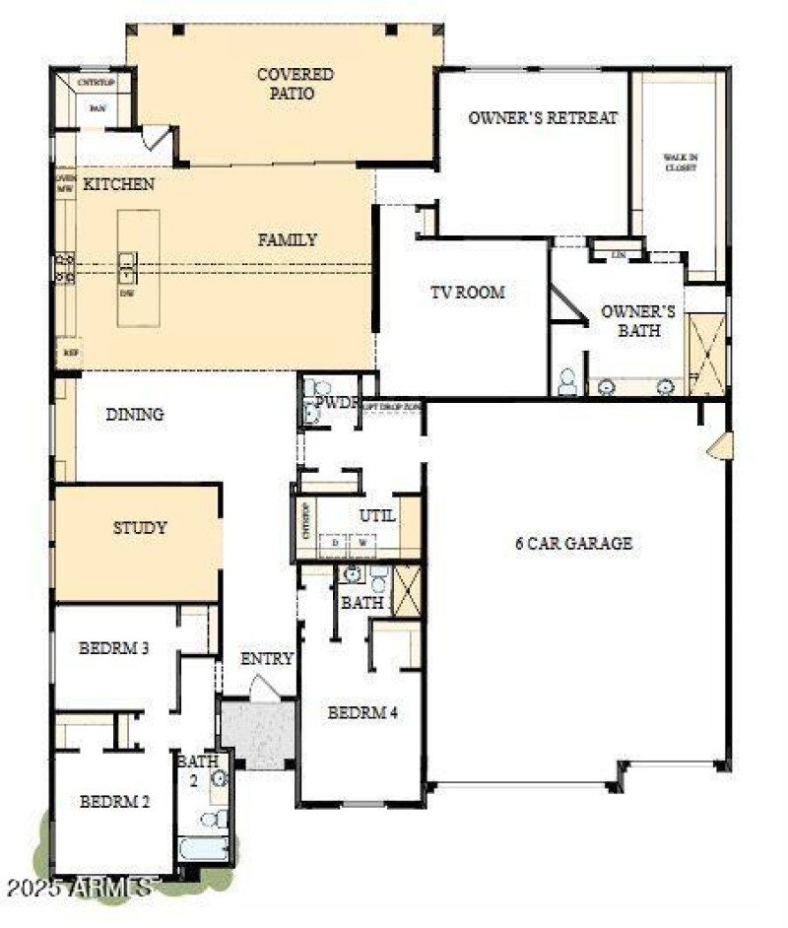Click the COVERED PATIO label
pyautogui.click(x=295, y=84)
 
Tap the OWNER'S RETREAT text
pyautogui.click(x=543, y=117)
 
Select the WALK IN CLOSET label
pyautogui.click(x=679, y=163)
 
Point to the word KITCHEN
pyautogui.click(x=119, y=184)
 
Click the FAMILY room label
pyautogui.click(x=288, y=239)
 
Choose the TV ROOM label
pyautogui.click(x=467, y=292)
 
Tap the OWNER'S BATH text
pyautogui.click(x=638, y=320)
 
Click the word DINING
pyautogui.click(x=135, y=415)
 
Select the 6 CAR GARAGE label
pyautogui.click(x=573, y=543)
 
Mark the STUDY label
pyautogui.click(x=139, y=528)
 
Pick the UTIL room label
pyautogui.click(x=376, y=515)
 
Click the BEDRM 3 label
pyautogui.click(x=114, y=648)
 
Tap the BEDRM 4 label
pyautogui.click(x=362, y=712)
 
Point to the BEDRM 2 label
pyautogui.click(x=114, y=801)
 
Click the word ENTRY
pyautogui.click(x=267, y=659)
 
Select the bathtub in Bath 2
pyautogui.click(x=203, y=848)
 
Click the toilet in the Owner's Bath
pyautogui.click(x=567, y=382)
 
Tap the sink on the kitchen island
pyautogui.click(x=128, y=263)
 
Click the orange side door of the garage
pyautogui.click(x=718, y=446)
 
